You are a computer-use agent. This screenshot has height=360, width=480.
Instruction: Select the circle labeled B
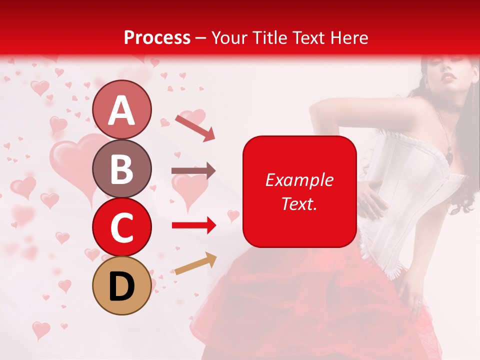pyautogui.click(x=121, y=168)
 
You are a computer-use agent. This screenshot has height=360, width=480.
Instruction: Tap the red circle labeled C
pyautogui.click(x=121, y=227)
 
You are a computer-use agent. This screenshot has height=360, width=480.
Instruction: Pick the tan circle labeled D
pyautogui.click(x=121, y=285)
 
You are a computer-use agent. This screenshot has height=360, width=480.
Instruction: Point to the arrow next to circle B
pyautogui.click(x=193, y=171)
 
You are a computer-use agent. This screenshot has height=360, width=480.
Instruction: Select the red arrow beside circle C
pyautogui.click(x=193, y=225)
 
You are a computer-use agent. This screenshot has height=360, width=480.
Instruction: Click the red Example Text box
pyautogui.click(x=299, y=191)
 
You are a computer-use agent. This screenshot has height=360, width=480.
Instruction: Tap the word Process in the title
pyautogui.click(x=157, y=37)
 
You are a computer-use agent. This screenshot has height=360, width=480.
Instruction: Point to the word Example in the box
pyautogui.click(x=299, y=180)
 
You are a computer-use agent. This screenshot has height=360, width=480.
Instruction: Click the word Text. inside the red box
pyautogui.click(x=299, y=203)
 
